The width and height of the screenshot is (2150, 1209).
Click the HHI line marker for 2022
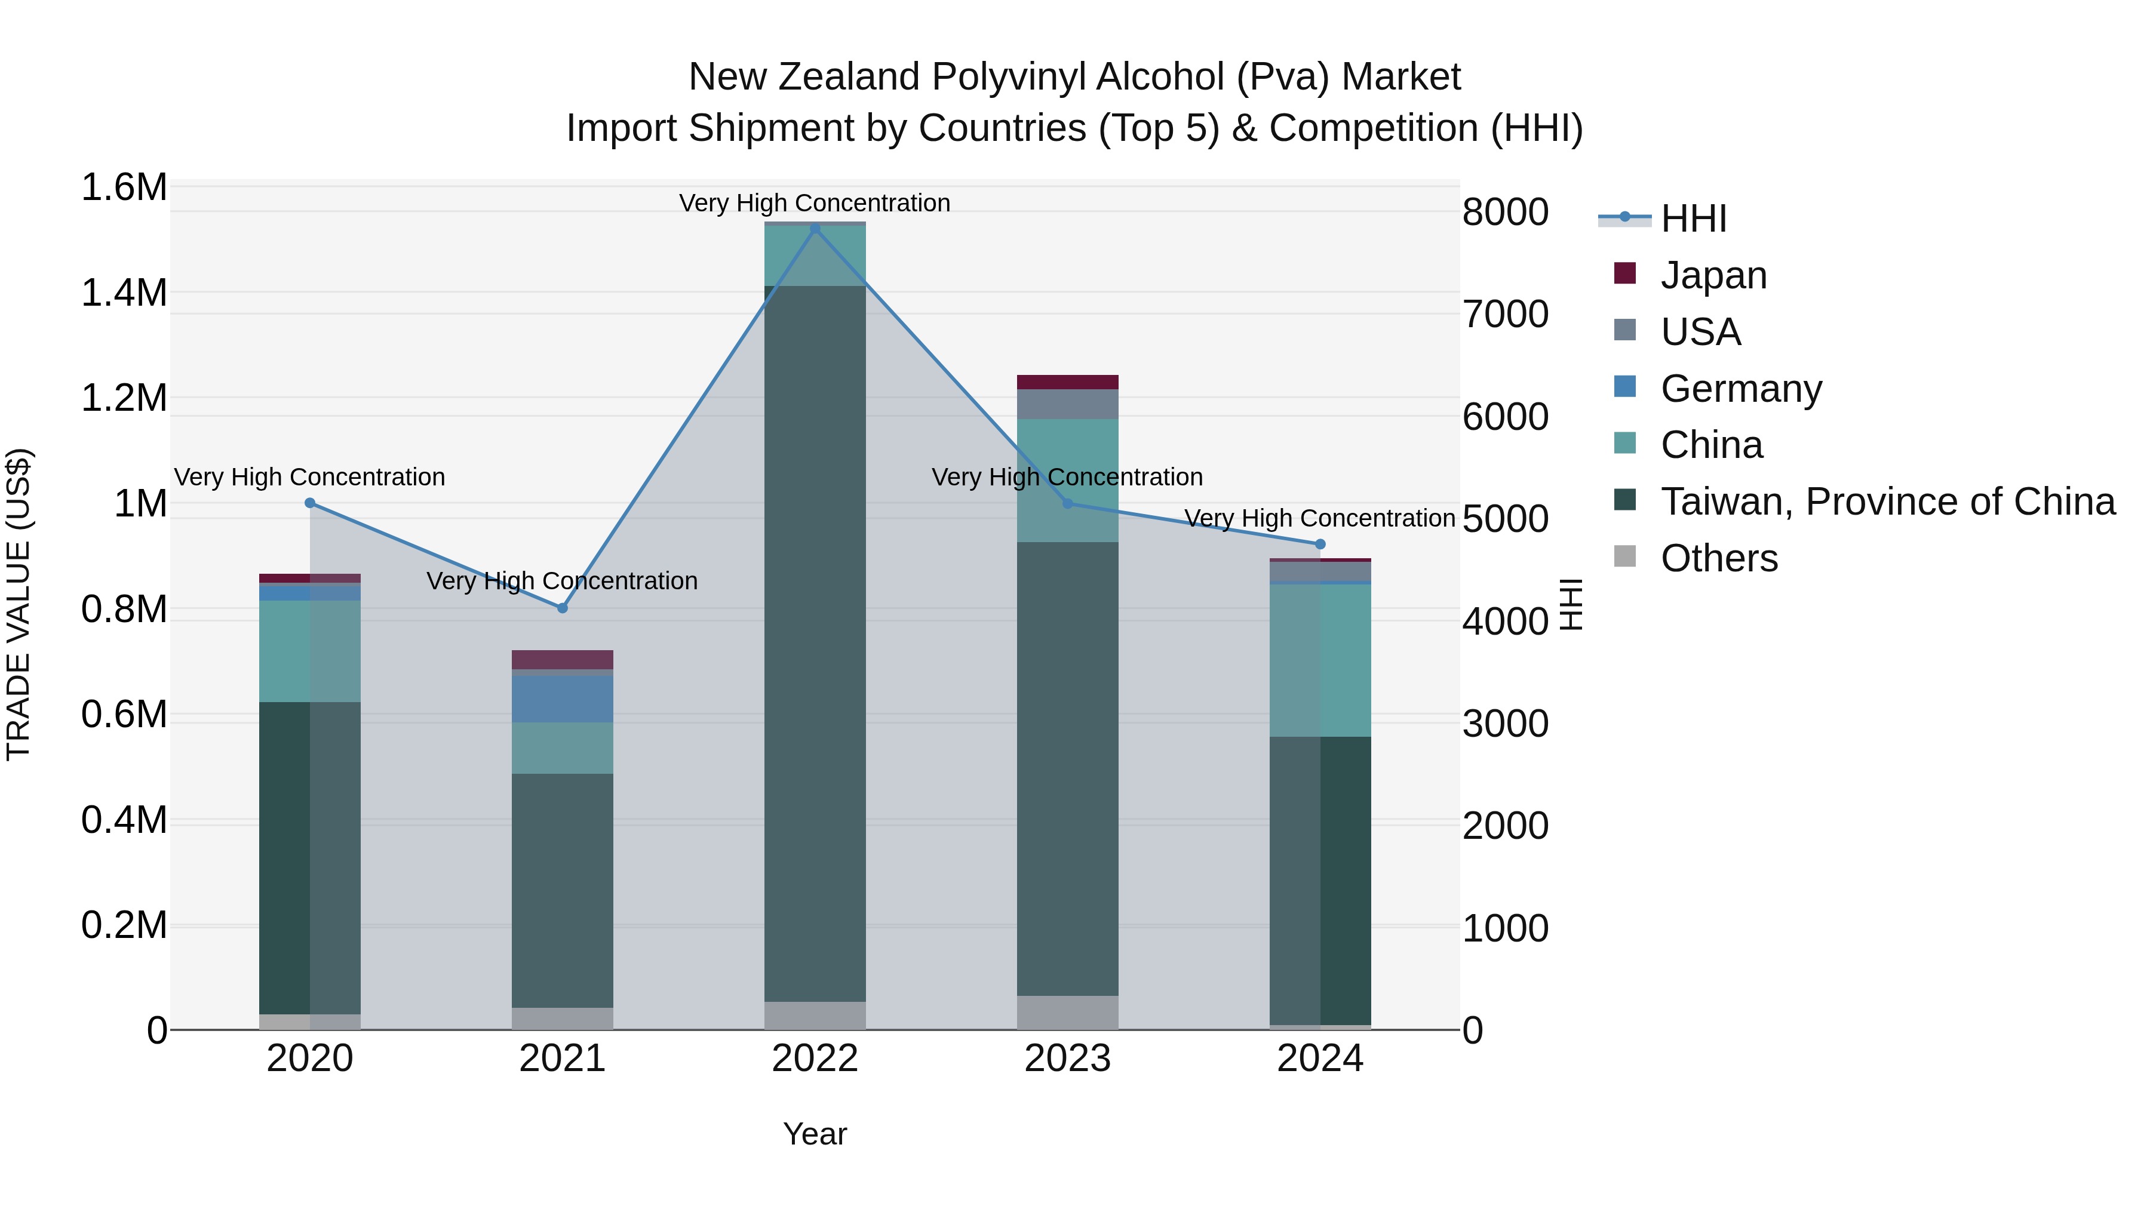815,229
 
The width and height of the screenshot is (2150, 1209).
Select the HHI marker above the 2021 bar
563,608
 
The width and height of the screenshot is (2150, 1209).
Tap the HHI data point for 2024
1319,544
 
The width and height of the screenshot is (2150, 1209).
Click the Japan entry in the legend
1713,275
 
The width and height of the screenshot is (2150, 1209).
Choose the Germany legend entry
1740,389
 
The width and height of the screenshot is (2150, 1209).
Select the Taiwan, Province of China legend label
1887,502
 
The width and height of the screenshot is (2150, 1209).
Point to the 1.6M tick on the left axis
124,187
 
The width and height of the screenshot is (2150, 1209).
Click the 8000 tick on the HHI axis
1505,212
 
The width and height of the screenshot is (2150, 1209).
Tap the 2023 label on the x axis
1067,1059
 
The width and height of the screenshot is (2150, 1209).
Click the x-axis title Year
815,1134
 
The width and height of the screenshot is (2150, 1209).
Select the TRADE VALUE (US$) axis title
19,604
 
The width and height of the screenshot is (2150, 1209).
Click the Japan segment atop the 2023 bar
1067,382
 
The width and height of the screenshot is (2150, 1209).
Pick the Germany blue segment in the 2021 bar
563,697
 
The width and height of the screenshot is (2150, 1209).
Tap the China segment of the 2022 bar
815,256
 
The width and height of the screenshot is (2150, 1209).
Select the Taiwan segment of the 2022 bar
815,642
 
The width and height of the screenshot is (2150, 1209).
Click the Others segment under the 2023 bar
1067,1012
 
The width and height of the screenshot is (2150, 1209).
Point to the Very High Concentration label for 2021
562,581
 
